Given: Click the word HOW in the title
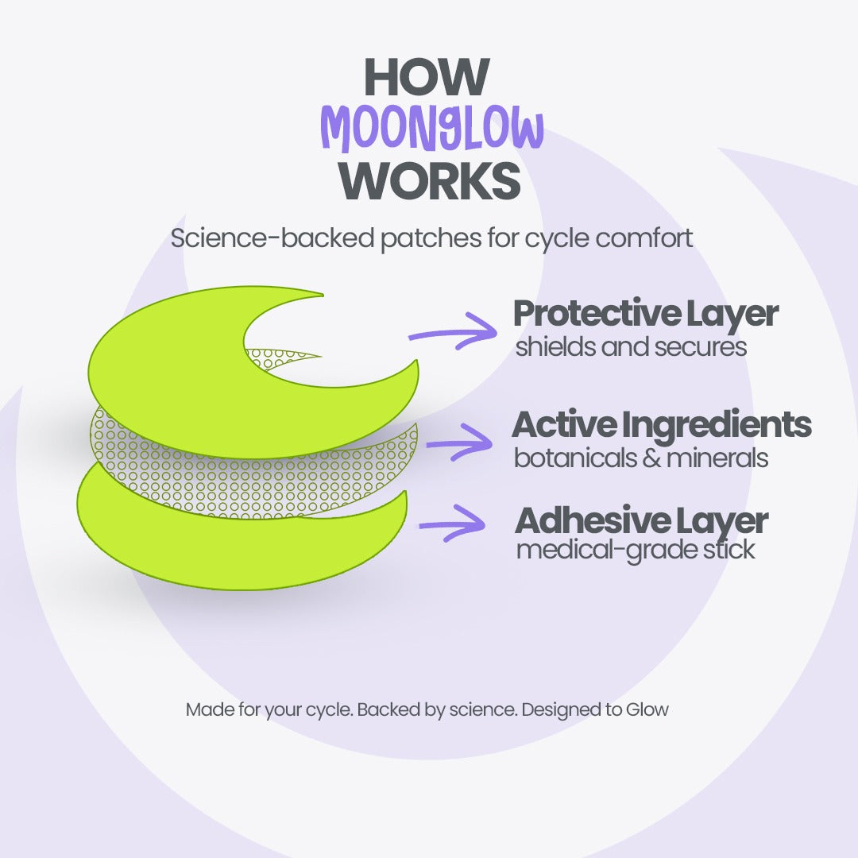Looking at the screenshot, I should click(x=426, y=77).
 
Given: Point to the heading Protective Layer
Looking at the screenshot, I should click(x=645, y=314).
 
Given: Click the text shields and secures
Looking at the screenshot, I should click(x=631, y=347).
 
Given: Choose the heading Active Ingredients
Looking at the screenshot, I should click(x=661, y=425).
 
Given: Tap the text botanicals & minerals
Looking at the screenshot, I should click(x=640, y=458).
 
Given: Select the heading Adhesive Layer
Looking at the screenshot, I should click(x=641, y=520).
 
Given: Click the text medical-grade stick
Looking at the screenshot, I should click(x=635, y=550).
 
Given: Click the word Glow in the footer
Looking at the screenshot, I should click(x=647, y=709).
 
